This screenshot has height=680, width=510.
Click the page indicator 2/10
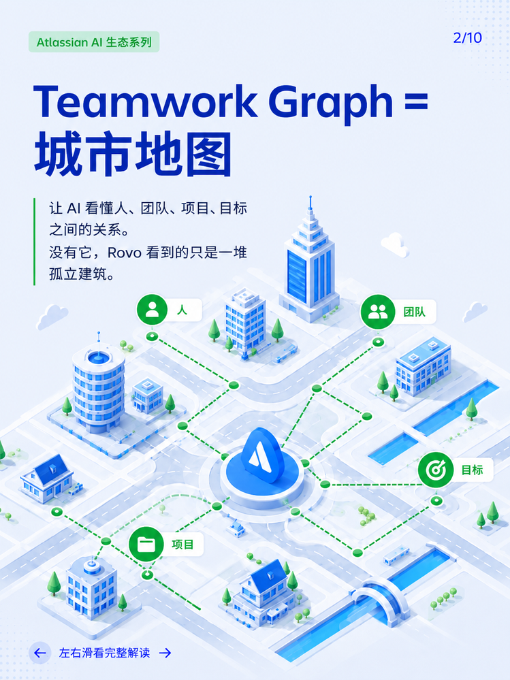click(x=468, y=37)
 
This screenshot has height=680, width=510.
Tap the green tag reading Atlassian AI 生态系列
click(x=94, y=42)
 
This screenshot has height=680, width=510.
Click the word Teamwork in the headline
click(x=145, y=101)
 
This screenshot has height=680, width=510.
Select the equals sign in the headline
click(x=415, y=101)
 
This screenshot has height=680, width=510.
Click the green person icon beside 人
click(x=152, y=310)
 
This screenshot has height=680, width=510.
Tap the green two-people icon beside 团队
click(x=378, y=311)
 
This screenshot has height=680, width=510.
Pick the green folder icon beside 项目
click(x=146, y=545)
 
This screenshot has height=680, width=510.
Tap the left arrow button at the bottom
click(x=40, y=653)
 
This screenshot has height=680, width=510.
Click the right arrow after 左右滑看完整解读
click(x=165, y=653)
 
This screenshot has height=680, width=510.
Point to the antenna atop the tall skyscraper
click(x=310, y=203)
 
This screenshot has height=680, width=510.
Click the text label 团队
click(x=414, y=312)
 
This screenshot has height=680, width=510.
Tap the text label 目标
click(x=472, y=470)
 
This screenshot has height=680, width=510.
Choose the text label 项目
click(x=182, y=545)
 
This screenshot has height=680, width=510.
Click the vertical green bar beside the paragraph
click(x=34, y=242)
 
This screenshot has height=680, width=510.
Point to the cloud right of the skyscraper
click(x=395, y=244)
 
